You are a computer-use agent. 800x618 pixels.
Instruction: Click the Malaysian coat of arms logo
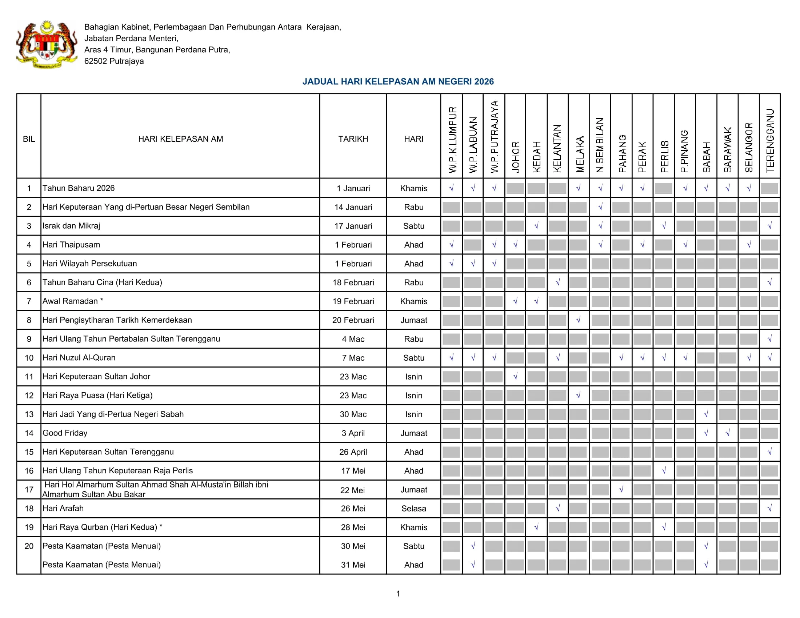coord(47,44)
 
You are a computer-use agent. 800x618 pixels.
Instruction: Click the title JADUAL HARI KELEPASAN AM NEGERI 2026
coord(398,81)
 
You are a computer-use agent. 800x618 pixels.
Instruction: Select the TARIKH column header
coord(353,139)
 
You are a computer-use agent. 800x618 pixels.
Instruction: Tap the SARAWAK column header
coord(728,149)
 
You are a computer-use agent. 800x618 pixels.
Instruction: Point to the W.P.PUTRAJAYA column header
coord(494,137)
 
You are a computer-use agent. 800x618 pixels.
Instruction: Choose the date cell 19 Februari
coord(353,301)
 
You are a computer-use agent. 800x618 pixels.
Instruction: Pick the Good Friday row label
coord(65,433)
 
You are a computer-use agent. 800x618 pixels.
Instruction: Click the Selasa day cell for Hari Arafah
coord(413,509)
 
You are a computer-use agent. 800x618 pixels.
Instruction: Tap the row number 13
coord(29,414)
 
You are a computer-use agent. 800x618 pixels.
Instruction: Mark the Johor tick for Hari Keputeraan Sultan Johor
coord(515,376)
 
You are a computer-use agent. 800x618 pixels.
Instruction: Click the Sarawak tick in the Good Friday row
coord(728,433)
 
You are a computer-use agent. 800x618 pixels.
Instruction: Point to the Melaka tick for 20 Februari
coord(579,320)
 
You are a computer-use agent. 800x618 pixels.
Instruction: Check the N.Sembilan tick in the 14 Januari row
coord(600,207)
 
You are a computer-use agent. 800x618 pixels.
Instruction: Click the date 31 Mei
coord(353,565)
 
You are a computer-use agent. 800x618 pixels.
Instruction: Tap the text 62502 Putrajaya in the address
coord(114,61)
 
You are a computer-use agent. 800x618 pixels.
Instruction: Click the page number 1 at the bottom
coord(398,594)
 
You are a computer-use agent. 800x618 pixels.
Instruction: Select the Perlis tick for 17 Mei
coord(664,471)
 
